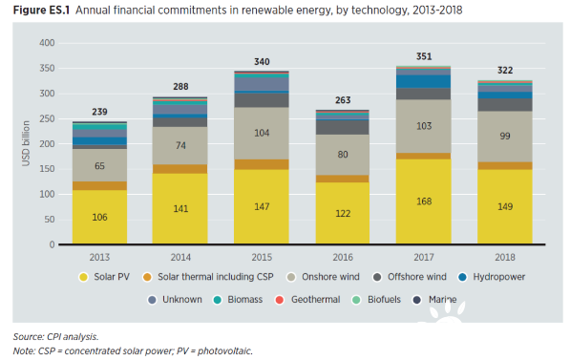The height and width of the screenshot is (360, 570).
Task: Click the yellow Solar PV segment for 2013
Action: click(99, 217)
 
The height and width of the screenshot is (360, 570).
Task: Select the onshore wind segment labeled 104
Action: click(262, 133)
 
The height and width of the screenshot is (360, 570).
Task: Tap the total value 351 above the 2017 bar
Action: click(424, 56)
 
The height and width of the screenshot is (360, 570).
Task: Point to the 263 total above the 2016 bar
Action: click(343, 100)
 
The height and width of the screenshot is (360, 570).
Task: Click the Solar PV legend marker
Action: click(84, 277)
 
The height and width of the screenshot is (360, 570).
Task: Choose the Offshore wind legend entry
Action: click(410, 277)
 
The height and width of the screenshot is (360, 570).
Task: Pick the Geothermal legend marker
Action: click(279, 300)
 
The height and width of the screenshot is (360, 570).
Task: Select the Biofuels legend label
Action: click(384, 300)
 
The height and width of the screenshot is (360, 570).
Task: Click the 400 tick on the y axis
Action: click(47, 43)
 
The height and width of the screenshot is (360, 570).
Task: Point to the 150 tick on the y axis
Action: click(47, 169)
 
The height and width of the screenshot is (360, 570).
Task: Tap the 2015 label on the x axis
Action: click(262, 258)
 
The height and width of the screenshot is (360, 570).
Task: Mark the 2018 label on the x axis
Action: click(505, 258)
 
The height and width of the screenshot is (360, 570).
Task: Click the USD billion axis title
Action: click(26, 143)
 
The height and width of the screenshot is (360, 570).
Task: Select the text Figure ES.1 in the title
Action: click(41, 10)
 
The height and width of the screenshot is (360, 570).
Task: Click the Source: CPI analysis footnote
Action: click(55, 337)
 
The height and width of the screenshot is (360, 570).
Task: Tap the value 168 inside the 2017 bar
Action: click(424, 201)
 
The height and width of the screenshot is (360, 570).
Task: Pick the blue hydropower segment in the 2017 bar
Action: click(424, 81)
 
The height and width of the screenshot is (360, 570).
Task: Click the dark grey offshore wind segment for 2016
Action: click(343, 127)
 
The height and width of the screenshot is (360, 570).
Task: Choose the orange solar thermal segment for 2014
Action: click(179, 169)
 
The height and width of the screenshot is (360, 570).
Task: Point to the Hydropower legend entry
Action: click(492, 277)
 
